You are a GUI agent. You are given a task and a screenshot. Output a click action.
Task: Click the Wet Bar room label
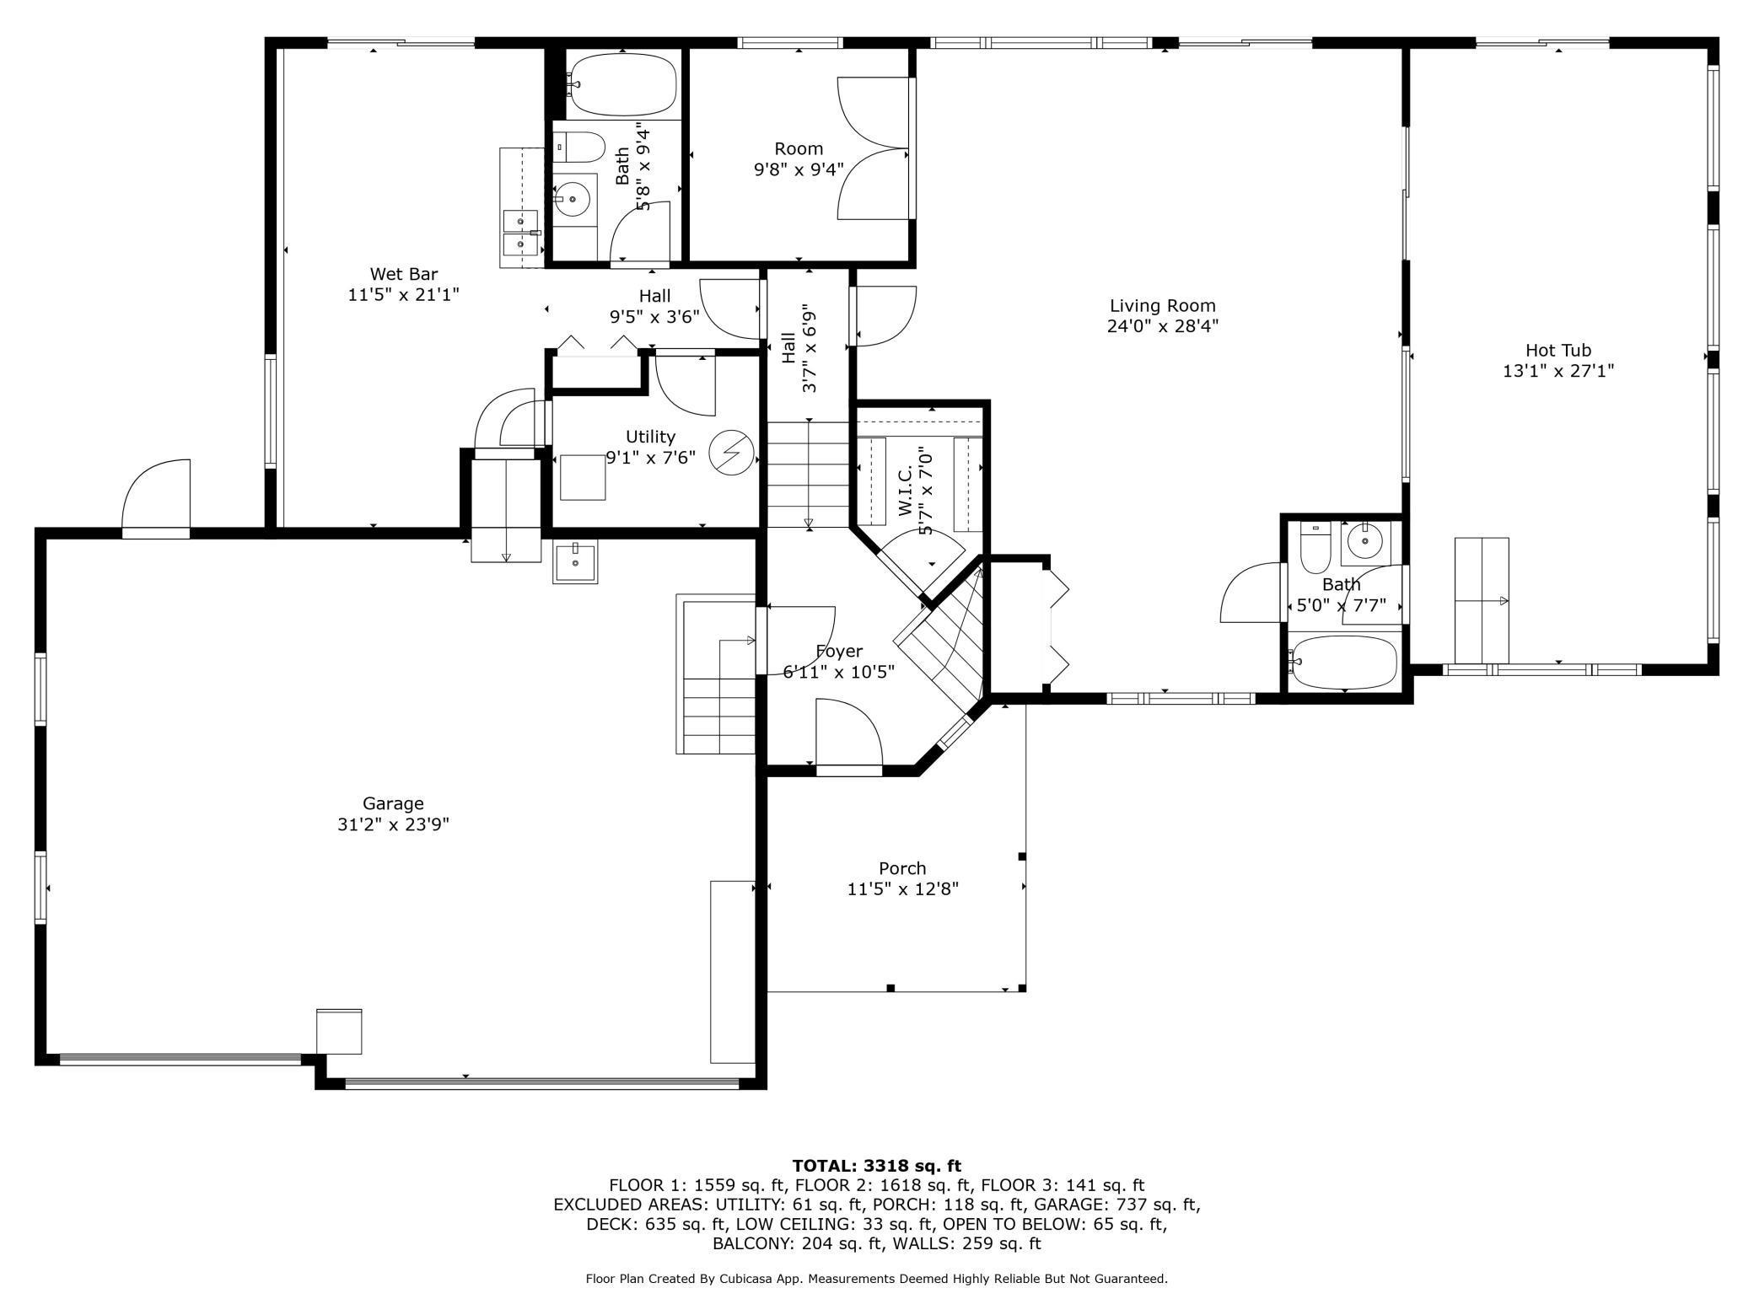(x=404, y=274)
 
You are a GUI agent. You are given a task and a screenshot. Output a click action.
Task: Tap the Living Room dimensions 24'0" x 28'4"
(x=1163, y=326)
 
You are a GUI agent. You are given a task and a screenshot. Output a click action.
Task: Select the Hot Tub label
(x=1558, y=350)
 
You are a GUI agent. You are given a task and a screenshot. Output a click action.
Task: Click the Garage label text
(x=393, y=803)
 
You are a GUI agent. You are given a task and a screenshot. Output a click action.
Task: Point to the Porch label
(x=902, y=868)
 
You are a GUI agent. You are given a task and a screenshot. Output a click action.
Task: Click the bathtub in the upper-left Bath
(x=624, y=83)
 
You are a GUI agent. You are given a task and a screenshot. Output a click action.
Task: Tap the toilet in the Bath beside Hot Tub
(x=1315, y=549)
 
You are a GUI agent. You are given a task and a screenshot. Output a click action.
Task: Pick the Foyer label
(x=839, y=652)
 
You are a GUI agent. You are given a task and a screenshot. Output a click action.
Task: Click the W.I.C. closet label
(x=907, y=494)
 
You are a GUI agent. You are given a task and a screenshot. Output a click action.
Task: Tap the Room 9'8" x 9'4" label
(x=799, y=149)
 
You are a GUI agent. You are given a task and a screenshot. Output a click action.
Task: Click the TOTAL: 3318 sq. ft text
(x=877, y=1166)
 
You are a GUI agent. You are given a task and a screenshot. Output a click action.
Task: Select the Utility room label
(x=650, y=437)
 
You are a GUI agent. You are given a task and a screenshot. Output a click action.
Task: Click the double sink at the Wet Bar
(x=521, y=233)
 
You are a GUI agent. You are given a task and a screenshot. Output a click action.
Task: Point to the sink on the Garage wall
(x=575, y=561)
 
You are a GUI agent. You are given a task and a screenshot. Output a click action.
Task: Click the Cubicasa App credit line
(x=877, y=1279)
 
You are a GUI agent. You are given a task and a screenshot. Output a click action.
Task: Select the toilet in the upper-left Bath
(x=580, y=147)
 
